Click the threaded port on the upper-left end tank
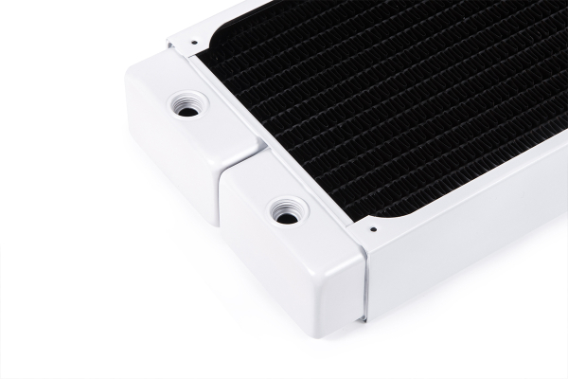188,107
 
